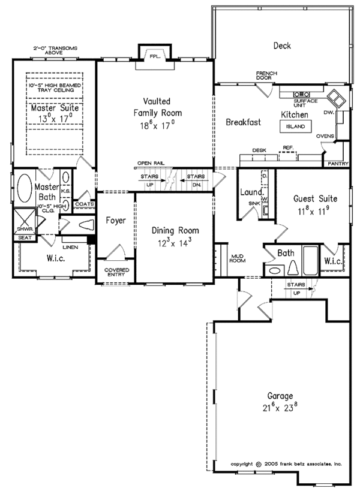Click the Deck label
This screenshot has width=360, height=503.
point(282,46)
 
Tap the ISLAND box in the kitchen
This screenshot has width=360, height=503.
point(295,126)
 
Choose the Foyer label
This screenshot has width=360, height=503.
point(115,220)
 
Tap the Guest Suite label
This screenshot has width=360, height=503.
point(314,198)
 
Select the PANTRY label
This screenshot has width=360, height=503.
point(336,162)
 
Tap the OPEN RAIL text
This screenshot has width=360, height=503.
point(150,163)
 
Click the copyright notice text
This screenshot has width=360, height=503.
point(287,464)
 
